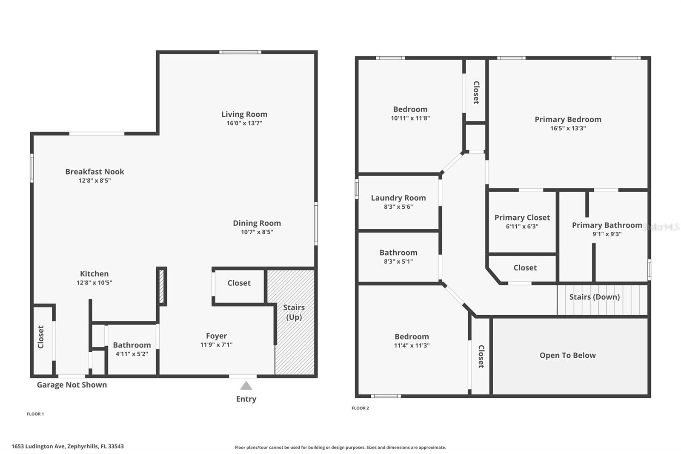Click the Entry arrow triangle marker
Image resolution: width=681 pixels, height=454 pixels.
(246, 385)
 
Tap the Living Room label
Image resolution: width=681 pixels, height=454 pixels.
(244, 114)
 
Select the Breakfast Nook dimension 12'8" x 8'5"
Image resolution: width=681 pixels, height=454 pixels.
(94, 181)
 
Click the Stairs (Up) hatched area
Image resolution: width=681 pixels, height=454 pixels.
(295, 341)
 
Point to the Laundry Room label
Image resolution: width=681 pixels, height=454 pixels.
(398, 198)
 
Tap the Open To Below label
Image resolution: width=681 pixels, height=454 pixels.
(567, 355)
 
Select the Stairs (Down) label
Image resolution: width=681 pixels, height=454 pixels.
(594, 297)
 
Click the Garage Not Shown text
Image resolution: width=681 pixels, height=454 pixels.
(72, 385)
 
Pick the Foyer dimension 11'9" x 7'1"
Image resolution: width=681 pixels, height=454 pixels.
(216, 345)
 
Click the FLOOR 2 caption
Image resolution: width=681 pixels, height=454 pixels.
(360, 408)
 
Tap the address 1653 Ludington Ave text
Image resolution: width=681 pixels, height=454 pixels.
(67, 446)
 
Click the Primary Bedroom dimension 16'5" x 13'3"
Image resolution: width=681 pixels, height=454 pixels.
(568, 128)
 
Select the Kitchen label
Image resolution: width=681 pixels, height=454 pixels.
(94, 273)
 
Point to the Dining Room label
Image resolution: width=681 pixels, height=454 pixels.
(257, 223)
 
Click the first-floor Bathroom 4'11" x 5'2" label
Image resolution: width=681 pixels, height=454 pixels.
(132, 345)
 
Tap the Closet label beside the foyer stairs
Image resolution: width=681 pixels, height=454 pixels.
(239, 283)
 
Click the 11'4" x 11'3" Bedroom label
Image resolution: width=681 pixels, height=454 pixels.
(411, 336)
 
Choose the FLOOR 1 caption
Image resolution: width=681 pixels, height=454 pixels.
(35, 414)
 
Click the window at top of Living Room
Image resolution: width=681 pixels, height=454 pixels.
(240, 52)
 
